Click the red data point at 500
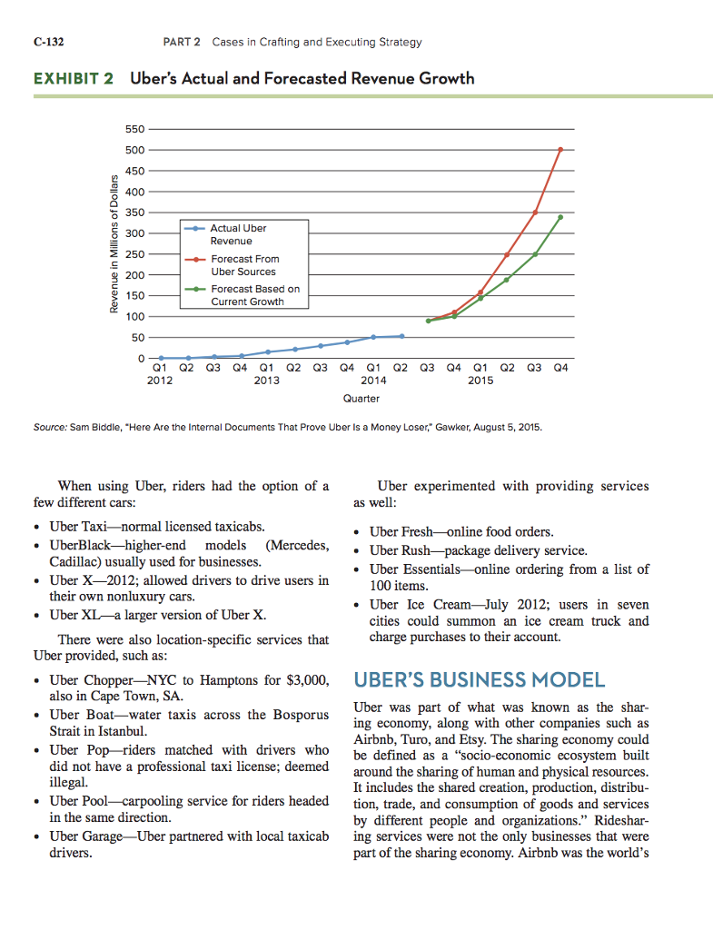click(560, 149)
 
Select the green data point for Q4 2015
click(560, 217)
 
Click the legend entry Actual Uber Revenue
click(238, 234)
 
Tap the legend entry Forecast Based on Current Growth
click(254, 295)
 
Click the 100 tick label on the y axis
click(132, 316)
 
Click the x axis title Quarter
click(361, 398)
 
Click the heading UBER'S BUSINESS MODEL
click(478, 680)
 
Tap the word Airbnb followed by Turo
click(375, 740)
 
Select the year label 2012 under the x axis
click(160, 381)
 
